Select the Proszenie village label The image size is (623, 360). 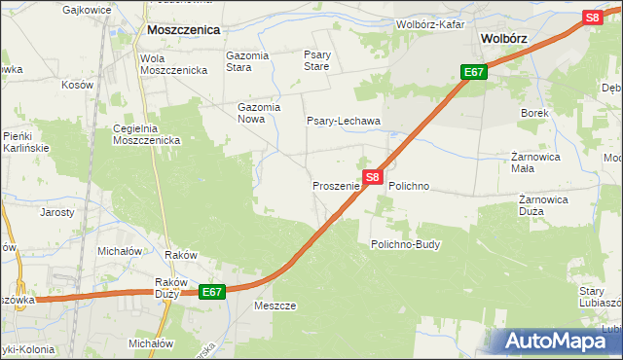pos(336,185)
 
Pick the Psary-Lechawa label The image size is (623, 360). pos(343,122)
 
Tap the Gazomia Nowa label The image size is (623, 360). pos(259,113)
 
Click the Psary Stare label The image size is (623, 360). pos(316,61)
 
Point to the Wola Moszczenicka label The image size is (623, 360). pos(173,64)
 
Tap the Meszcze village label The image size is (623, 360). pos(274,305)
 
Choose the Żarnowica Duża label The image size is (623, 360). pos(543,206)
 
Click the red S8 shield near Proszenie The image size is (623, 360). pos(373,177)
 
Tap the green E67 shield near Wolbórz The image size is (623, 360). pos(474,73)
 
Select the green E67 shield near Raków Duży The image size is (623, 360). pos(213,292)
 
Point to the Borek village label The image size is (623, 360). pos(534,114)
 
